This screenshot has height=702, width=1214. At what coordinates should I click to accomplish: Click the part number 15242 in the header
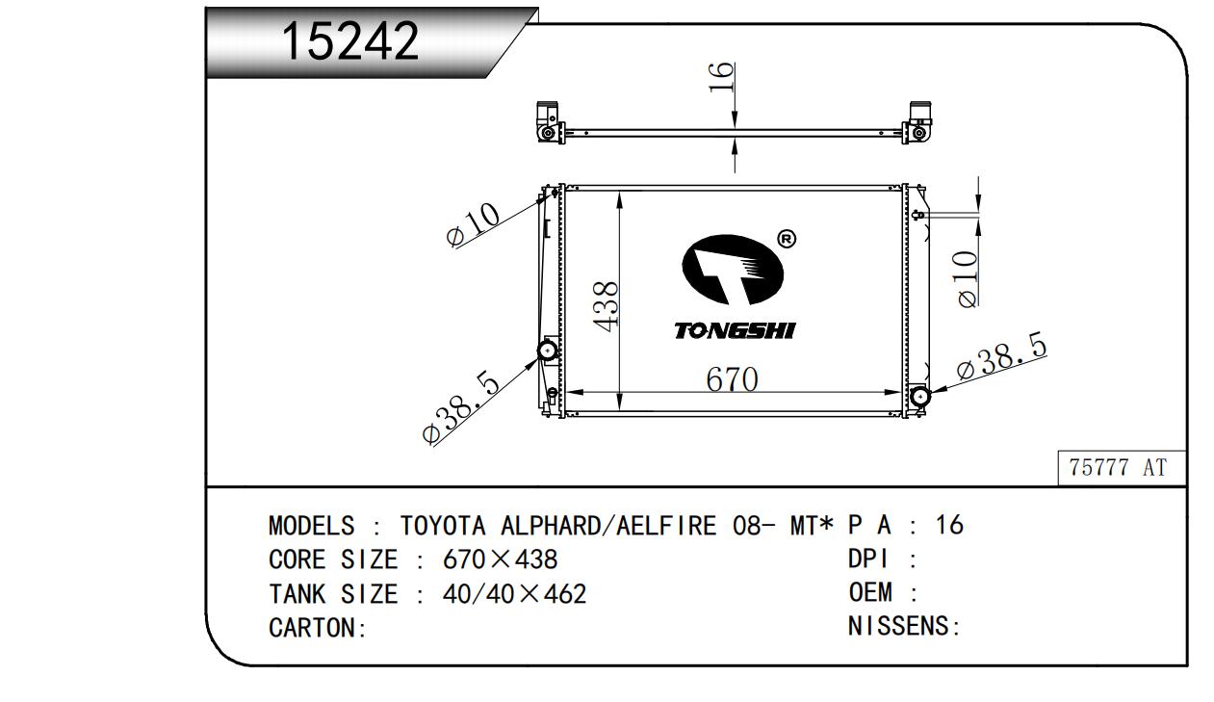tap(350, 41)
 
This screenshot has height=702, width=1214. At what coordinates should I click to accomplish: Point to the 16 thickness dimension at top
tap(721, 77)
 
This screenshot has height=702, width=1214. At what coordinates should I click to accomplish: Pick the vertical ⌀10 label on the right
tap(968, 279)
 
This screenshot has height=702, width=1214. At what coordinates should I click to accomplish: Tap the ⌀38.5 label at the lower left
tap(461, 407)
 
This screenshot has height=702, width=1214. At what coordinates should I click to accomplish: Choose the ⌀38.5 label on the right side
tap(1001, 355)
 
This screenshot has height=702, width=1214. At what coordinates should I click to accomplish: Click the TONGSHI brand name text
tap(735, 330)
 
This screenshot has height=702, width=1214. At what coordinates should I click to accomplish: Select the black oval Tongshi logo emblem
tap(733, 270)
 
